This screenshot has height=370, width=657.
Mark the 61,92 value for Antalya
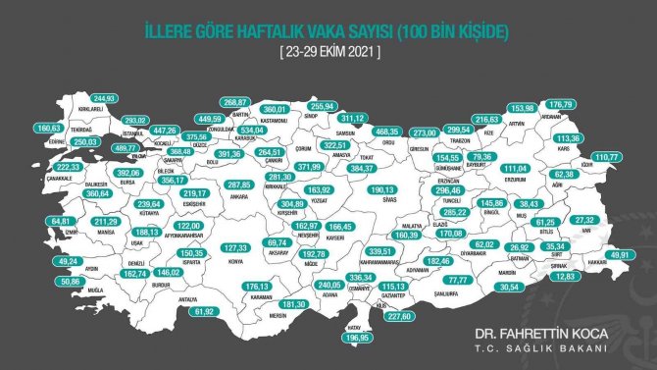point(204,310)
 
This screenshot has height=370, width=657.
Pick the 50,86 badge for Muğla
point(43,280)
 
